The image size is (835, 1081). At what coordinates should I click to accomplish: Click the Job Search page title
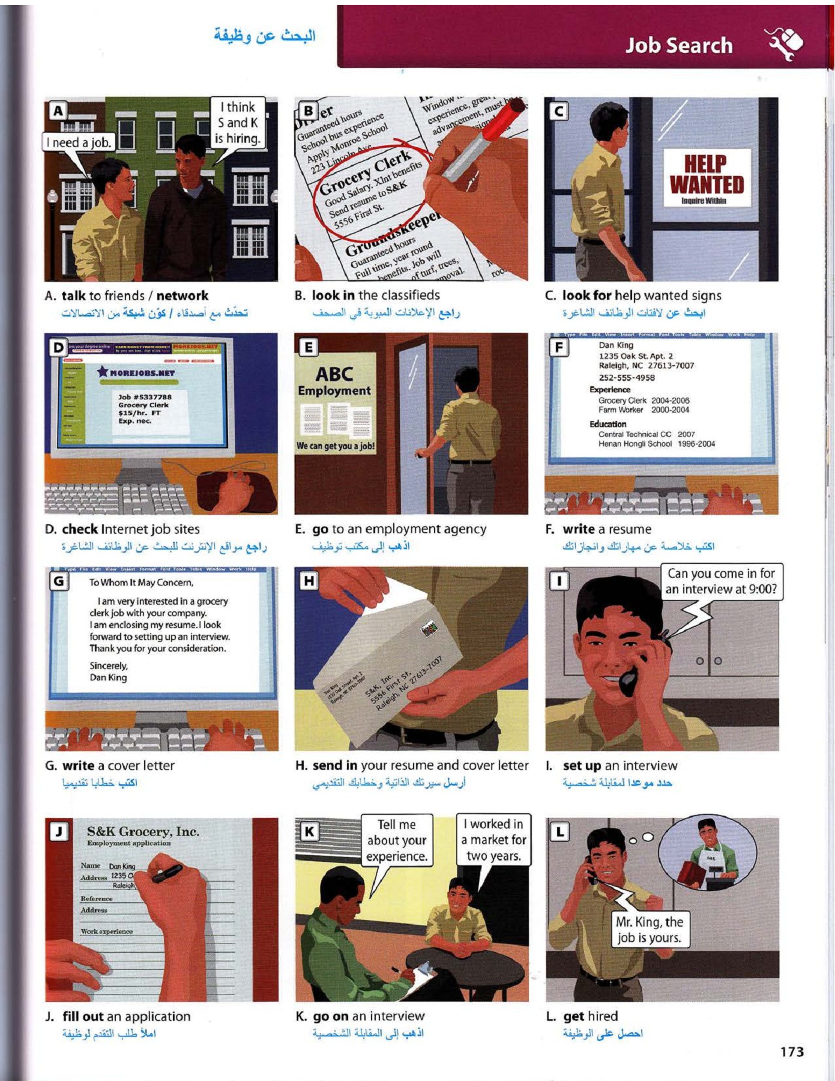678,46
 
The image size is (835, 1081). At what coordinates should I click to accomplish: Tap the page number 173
792,1052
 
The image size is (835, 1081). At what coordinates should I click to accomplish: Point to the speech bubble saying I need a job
79,142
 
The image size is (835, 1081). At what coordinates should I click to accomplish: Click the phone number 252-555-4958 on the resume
626,378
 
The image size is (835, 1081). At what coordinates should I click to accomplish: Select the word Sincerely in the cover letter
109,665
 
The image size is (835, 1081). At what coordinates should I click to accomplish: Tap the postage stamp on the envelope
429,629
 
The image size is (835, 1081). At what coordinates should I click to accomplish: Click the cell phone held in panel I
629,680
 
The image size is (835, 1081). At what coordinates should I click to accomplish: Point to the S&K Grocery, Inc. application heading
143,832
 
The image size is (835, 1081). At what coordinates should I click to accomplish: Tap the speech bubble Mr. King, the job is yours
649,930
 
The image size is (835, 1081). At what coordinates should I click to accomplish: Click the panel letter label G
59,581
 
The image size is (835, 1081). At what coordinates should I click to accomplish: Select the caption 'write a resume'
606,529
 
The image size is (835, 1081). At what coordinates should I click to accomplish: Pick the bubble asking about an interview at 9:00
721,581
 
